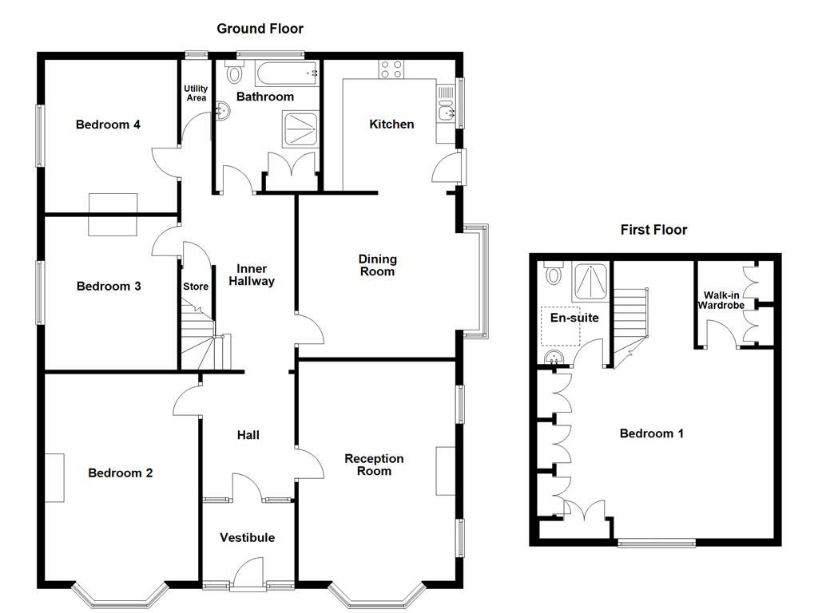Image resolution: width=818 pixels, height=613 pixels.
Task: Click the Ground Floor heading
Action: (x=260, y=29)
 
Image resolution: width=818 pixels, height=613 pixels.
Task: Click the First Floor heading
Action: (x=653, y=230)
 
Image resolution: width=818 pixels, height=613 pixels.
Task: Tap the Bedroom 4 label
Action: (x=108, y=125)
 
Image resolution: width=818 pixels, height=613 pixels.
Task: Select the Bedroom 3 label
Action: (x=109, y=287)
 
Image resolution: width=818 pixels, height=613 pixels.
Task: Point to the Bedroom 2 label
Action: (x=120, y=473)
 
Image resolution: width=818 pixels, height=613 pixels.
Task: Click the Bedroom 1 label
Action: (x=652, y=433)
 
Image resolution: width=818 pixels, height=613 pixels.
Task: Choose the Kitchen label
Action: (x=391, y=125)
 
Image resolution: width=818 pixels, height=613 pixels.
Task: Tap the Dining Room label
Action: (x=377, y=265)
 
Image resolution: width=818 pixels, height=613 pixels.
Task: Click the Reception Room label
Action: (x=374, y=465)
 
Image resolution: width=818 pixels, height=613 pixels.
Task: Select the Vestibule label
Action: (x=248, y=538)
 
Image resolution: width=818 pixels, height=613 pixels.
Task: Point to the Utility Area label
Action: (x=196, y=93)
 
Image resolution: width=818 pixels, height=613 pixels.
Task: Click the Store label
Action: (x=196, y=287)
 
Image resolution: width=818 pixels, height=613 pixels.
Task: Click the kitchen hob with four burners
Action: (x=391, y=69)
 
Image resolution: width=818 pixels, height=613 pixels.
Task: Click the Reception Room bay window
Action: (x=375, y=595)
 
